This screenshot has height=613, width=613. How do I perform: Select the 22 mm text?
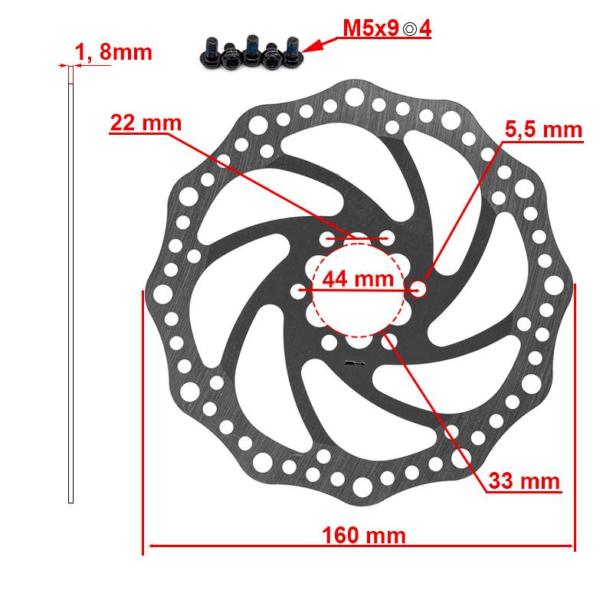(146, 123)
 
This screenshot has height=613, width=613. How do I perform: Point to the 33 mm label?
(525, 481)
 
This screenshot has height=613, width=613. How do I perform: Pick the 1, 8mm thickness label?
(113, 52)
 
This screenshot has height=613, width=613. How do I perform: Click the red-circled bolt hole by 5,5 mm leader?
(418, 289)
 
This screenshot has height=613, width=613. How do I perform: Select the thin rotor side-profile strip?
(70, 291)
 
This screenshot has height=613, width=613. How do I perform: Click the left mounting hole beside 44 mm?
(298, 290)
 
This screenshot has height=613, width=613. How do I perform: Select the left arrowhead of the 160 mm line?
(151, 546)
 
